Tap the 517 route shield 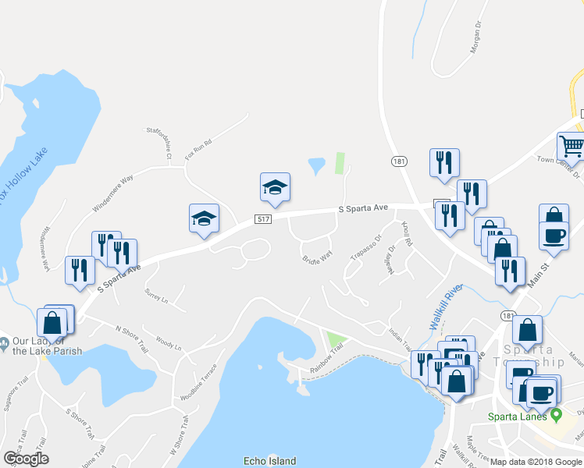click(263, 221)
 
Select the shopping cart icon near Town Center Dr click(572, 146)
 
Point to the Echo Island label click(269, 461)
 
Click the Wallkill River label click(447, 307)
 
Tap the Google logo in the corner click(26, 459)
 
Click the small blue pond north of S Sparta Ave click(316, 165)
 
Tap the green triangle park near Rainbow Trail click(336, 340)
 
